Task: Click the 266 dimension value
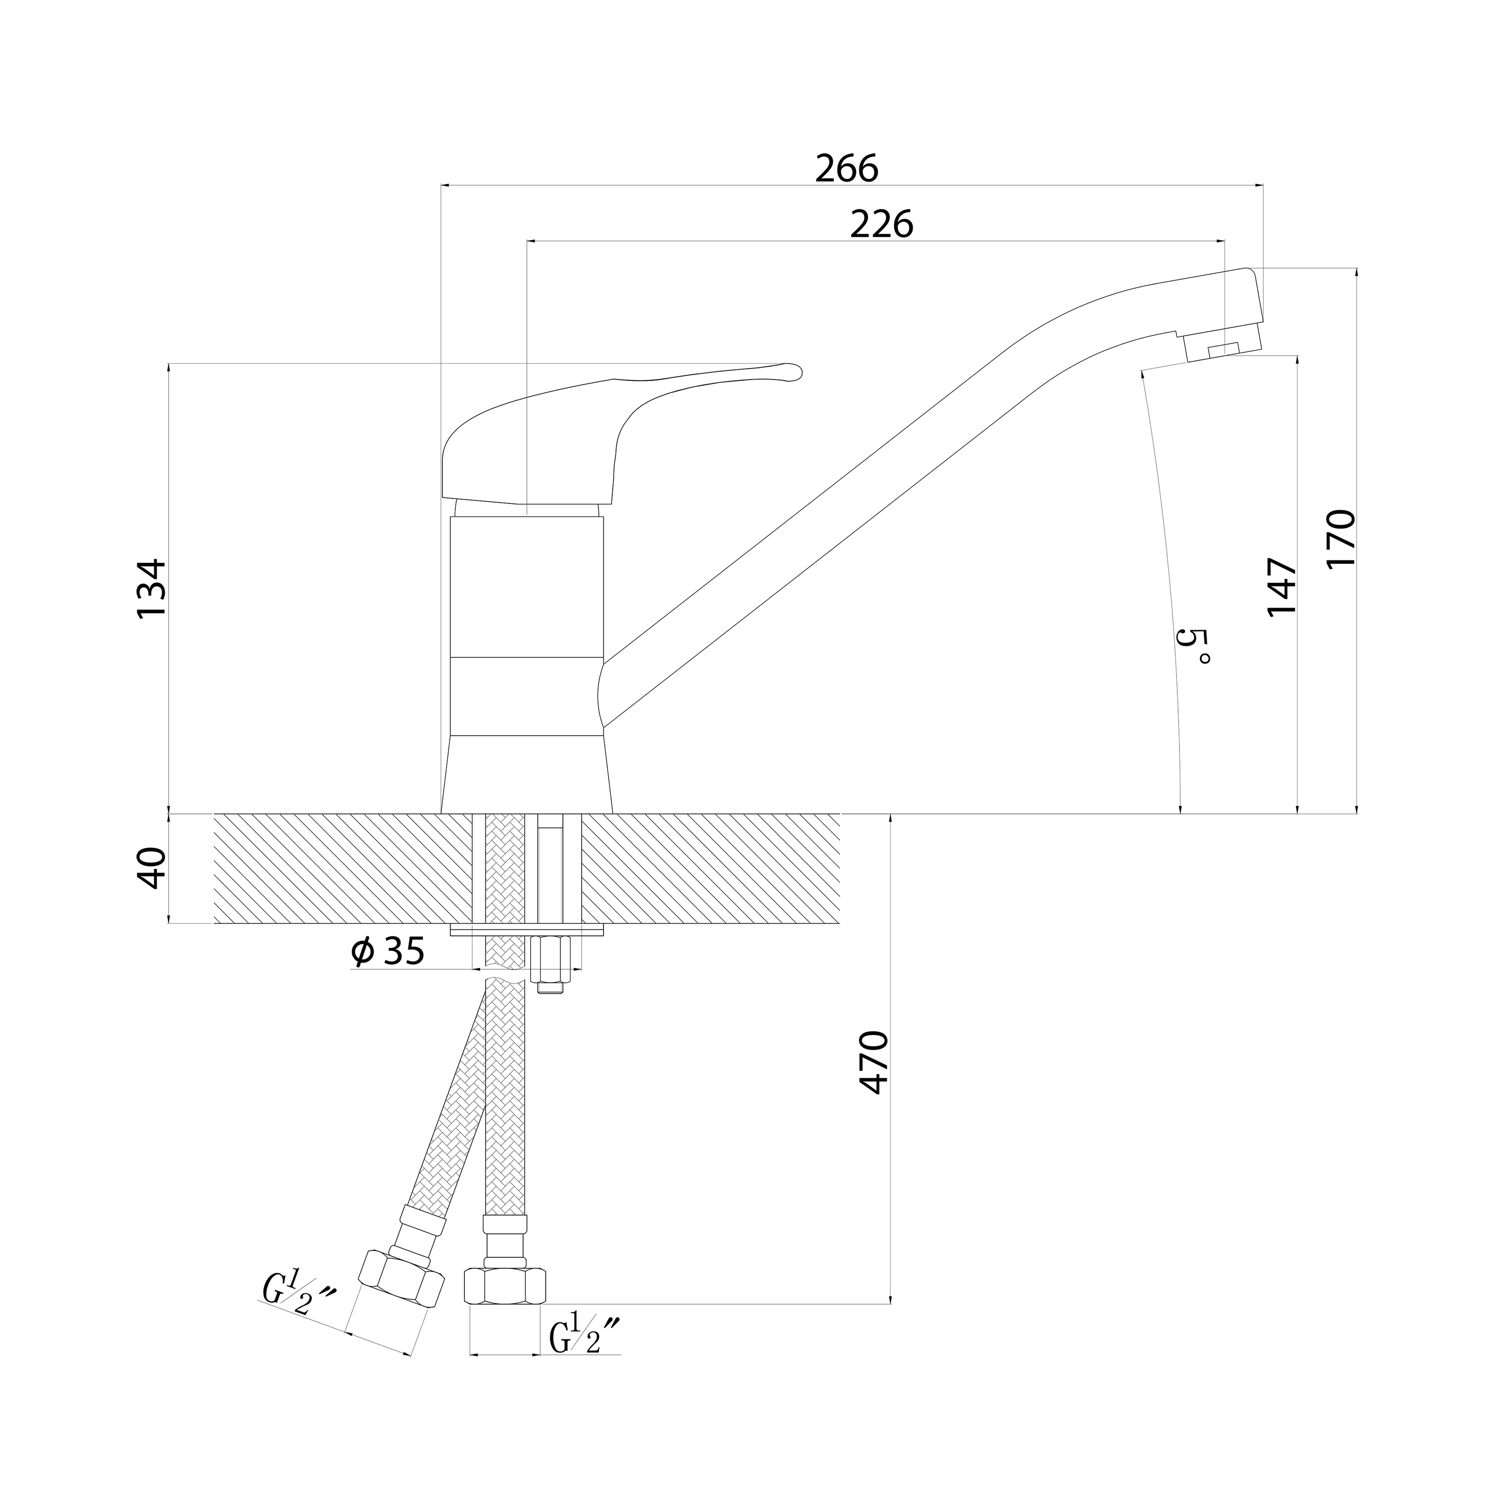pos(847,169)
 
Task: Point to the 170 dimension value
pos(1341,538)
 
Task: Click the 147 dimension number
pos(1282,587)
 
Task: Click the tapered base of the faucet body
pos(526,774)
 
